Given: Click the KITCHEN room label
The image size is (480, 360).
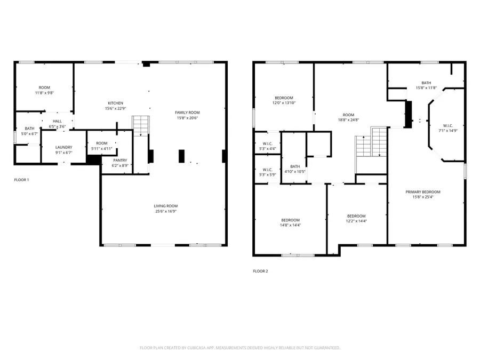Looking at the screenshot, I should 116,103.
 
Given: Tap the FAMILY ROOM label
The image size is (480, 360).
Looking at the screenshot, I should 187,112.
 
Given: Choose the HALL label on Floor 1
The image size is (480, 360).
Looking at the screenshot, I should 57,121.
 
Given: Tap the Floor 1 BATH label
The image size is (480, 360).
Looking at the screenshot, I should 29,129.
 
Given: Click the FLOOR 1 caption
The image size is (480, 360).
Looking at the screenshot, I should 21,180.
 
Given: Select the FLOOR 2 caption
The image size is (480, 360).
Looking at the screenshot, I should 260,271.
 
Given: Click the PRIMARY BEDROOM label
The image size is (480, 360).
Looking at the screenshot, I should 426,192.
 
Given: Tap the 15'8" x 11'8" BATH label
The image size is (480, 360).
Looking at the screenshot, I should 426,83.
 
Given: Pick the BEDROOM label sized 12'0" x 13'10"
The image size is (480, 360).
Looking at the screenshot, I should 284,98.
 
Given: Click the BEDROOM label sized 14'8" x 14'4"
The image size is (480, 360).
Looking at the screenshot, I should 290,220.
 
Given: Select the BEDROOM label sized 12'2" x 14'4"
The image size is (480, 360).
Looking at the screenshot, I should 356,215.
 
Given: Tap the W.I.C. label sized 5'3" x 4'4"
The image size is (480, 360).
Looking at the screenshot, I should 267,143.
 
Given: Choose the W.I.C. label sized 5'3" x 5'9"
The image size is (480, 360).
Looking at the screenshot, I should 267,169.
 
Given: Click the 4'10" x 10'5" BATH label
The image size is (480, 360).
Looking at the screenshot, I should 295,166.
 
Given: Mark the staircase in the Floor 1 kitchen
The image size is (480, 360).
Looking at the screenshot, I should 140,126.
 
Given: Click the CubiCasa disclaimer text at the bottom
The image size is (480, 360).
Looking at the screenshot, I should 239,348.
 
